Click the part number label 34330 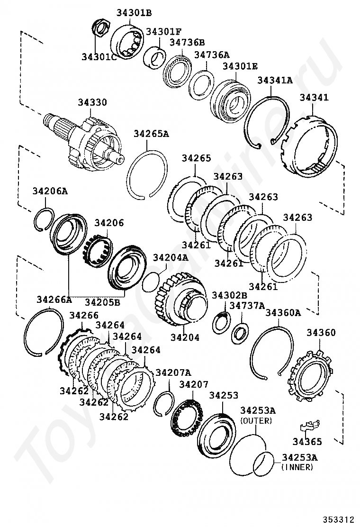coord(93,103)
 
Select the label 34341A coord(275,80)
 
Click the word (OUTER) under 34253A coord(256,420)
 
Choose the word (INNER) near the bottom coord(297,467)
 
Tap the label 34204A coord(171,258)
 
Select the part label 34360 coord(321,333)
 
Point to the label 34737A coord(247,306)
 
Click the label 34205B coord(103,302)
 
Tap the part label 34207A coord(173,372)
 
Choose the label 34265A coord(151,134)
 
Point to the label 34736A coord(212,55)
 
